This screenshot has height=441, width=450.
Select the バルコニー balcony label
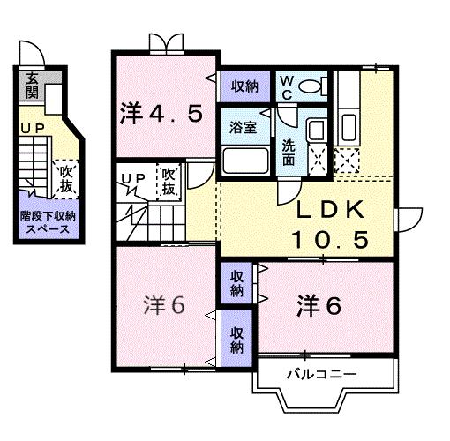pyautogui.click(x=321, y=374)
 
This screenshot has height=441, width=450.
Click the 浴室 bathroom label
pyautogui.click(x=243, y=128)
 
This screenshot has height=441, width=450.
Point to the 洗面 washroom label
pyautogui.click(x=289, y=146)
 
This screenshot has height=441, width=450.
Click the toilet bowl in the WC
pyautogui.click(x=310, y=86)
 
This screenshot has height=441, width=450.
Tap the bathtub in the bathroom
pyautogui.click(x=244, y=161)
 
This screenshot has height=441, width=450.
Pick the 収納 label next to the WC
pyautogui.click(x=245, y=86)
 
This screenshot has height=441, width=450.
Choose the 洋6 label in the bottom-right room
pyautogui.click(x=319, y=306)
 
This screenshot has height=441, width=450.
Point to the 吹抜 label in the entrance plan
pyautogui.click(x=64, y=180)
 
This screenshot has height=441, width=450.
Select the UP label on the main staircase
pyautogui.click(x=133, y=179)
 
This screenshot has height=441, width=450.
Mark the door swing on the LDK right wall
pyautogui.click(x=409, y=216)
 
